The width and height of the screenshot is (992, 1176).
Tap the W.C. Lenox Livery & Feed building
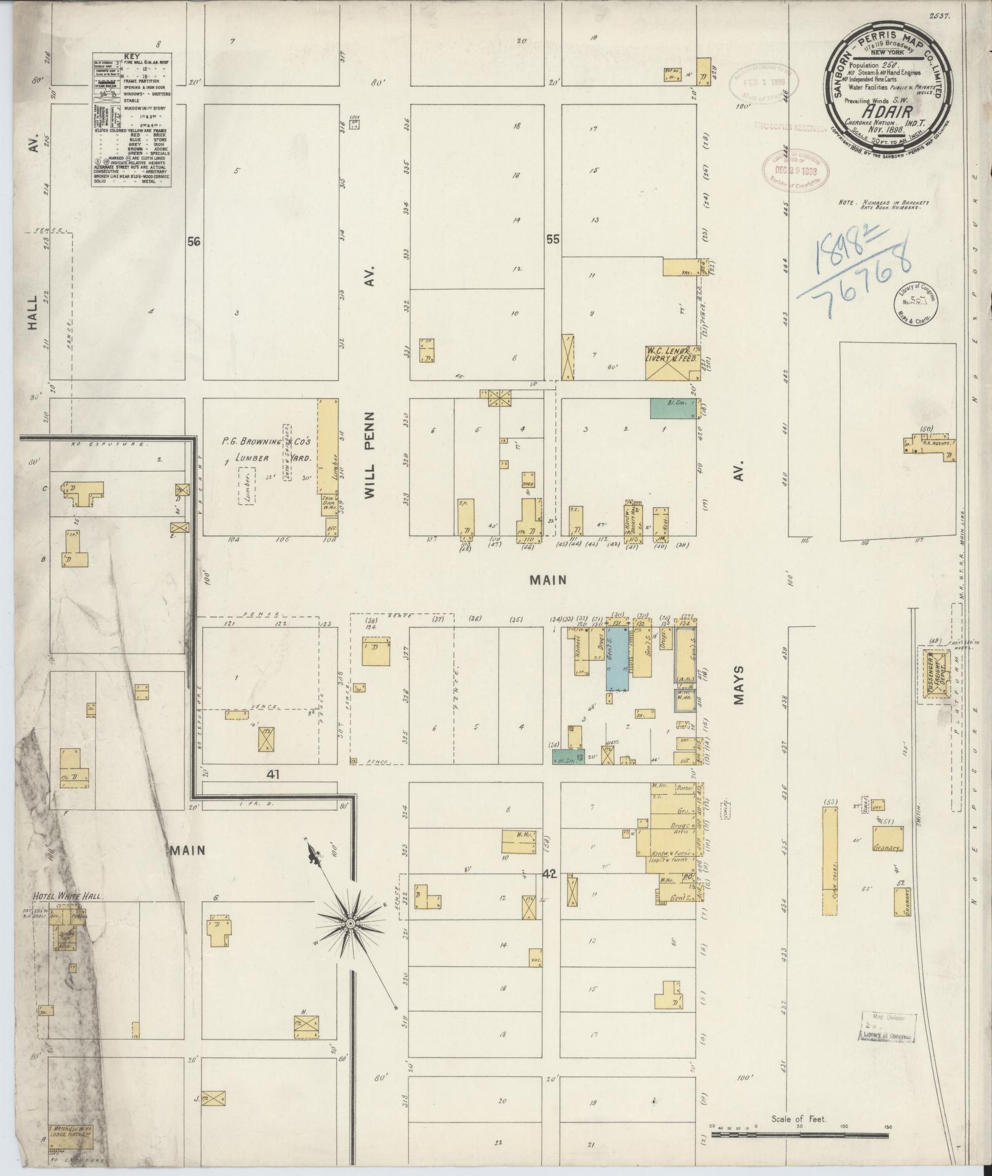[672, 363]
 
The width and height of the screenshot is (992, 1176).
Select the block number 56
[194, 242]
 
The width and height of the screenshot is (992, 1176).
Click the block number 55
[553, 240]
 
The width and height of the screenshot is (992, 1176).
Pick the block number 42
[549, 875]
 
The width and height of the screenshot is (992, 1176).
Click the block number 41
[272, 775]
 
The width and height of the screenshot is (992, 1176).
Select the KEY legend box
[131, 118]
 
